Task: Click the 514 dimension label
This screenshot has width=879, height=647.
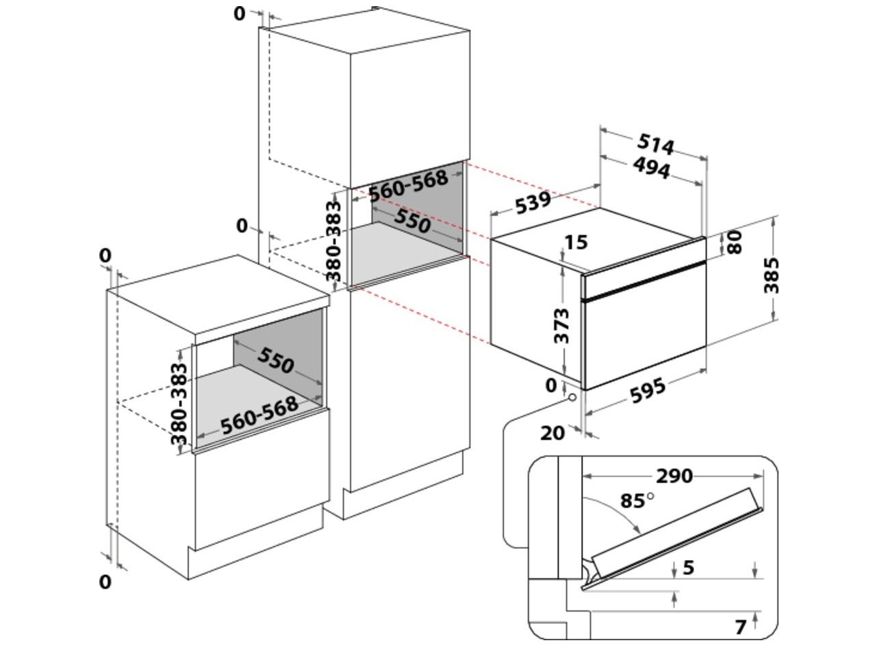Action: pyautogui.click(x=655, y=145)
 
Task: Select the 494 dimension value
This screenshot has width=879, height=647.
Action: pyautogui.click(x=651, y=168)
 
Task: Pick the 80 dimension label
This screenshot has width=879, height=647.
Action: pyautogui.click(x=735, y=242)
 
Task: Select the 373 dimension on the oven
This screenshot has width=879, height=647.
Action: pyautogui.click(x=561, y=326)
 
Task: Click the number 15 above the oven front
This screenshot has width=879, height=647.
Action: pyautogui.click(x=576, y=243)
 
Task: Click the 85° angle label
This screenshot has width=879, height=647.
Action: pyautogui.click(x=635, y=501)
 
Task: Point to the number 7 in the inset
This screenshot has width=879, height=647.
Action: pyautogui.click(x=741, y=627)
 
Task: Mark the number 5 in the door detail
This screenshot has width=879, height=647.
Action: pyautogui.click(x=689, y=567)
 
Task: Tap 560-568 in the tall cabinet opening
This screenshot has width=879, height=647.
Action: pyautogui.click(x=408, y=184)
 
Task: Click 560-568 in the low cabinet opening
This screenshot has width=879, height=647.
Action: pyautogui.click(x=259, y=415)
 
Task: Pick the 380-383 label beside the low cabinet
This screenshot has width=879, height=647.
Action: pyautogui.click(x=180, y=404)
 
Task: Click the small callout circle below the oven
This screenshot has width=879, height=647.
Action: pyautogui.click(x=574, y=398)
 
